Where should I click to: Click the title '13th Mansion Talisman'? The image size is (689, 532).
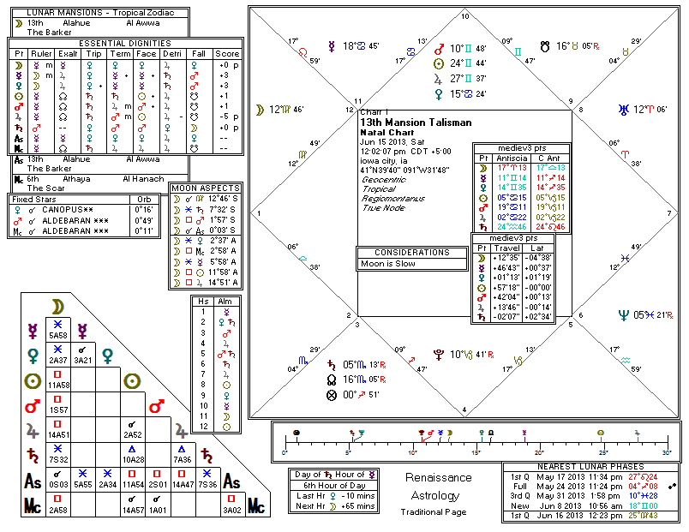pos(415,123)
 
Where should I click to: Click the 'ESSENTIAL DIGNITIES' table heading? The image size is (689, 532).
pos(125,43)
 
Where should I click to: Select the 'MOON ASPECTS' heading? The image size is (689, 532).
pos(205,187)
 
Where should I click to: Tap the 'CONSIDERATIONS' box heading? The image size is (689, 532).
pos(405,253)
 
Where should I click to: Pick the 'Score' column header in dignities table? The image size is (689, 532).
pos(228,53)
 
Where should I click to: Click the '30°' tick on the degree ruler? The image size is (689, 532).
pos(666,453)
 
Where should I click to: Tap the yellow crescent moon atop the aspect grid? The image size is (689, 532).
pos(57,306)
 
